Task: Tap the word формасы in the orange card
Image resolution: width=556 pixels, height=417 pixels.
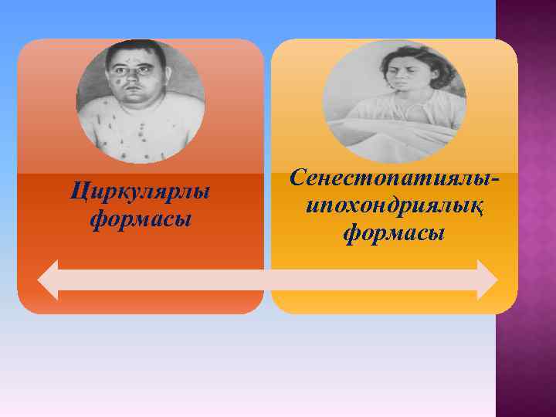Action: (140, 221)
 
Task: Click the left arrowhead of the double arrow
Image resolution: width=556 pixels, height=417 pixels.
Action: (48, 280)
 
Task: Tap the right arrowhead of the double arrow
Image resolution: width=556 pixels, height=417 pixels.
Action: (486, 280)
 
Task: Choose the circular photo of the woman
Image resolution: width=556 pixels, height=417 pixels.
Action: (394, 100)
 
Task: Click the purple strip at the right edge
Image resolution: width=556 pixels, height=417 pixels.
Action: (525, 208)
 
